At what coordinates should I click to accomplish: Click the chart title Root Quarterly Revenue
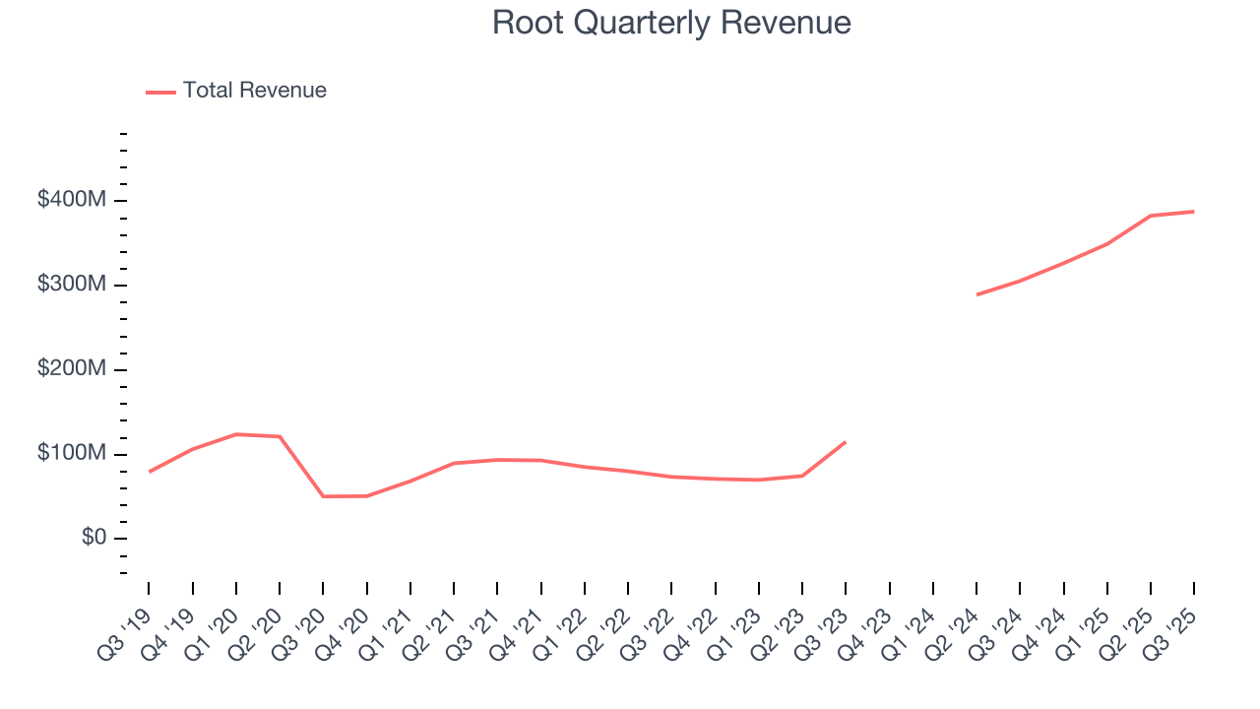click(671, 23)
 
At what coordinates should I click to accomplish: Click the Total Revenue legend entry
click(236, 91)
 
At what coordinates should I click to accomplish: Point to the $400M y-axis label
click(72, 201)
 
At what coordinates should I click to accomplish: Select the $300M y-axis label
click(72, 286)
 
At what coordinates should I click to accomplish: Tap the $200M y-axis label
click(72, 370)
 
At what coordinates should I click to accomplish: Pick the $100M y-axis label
click(72, 455)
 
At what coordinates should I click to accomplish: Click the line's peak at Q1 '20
click(236, 434)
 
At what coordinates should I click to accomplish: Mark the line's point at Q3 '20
click(323, 496)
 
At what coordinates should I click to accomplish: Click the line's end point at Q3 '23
click(846, 442)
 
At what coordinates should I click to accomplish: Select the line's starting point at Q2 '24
click(976, 294)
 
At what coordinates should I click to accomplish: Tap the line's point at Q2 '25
click(1151, 216)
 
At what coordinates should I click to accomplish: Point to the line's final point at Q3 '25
click(1194, 212)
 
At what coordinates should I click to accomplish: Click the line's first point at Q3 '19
click(150, 472)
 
